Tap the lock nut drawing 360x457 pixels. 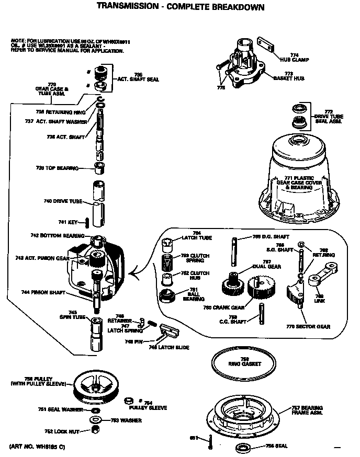96,429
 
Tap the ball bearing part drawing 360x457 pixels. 167,297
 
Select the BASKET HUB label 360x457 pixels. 289,76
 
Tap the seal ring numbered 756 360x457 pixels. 243,447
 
